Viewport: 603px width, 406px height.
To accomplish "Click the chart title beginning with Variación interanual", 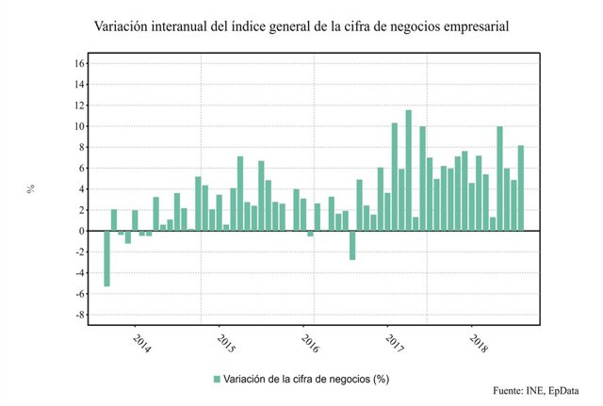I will click(x=301, y=26).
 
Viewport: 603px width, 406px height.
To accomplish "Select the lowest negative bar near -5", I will click(x=107, y=258).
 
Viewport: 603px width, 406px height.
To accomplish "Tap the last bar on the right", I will click(x=521, y=187).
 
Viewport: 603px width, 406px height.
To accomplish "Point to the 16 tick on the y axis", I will click(x=80, y=64).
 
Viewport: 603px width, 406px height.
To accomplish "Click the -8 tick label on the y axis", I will click(x=79, y=315).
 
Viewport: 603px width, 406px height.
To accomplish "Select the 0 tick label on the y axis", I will click(x=82, y=231).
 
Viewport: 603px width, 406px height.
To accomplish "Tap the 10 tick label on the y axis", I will click(x=80, y=126).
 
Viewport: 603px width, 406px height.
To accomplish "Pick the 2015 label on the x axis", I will click(x=223, y=343).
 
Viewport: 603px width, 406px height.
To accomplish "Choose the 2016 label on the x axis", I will click(x=308, y=343).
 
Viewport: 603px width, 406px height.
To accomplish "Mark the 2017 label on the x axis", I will click(x=392, y=343).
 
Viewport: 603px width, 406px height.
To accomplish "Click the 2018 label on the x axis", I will click(x=477, y=343).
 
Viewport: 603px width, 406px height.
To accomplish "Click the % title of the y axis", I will click(x=31, y=188).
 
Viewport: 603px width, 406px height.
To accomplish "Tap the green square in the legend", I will click(x=217, y=380).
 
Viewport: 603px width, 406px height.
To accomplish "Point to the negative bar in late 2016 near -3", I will click(x=352, y=245).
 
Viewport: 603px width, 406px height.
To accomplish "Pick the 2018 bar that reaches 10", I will click(x=499, y=178).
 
